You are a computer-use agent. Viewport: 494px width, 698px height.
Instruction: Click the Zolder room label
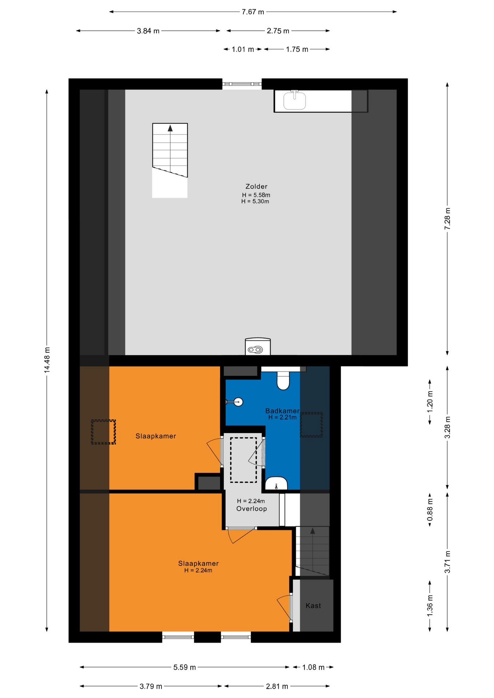tap(256, 186)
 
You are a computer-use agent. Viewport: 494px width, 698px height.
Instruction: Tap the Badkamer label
tap(282, 411)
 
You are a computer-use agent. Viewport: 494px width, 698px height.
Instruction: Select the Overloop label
tap(251, 509)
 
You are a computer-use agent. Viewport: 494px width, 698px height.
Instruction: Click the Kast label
tap(313, 606)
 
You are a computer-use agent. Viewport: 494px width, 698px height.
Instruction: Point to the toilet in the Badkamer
tap(283, 380)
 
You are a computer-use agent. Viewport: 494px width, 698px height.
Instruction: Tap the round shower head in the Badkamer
tap(238, 402)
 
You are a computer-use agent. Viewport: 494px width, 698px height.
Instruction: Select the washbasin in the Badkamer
tap(276, 484)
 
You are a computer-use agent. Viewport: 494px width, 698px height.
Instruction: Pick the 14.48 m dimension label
tap(47, 360)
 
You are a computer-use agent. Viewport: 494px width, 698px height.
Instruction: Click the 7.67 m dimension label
tap(253, 12)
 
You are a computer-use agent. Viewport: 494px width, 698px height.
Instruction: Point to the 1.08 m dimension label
tap(313, 667)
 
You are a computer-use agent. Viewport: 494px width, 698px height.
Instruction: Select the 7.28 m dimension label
tap(447, 218)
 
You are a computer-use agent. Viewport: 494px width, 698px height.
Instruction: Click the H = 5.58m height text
tap(256, 195)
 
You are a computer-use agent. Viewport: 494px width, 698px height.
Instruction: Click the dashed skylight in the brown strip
tap(103, 432)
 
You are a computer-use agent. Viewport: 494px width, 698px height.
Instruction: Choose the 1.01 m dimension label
tap(243, 49)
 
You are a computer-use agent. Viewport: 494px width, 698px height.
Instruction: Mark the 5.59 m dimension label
tap(184, 667)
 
